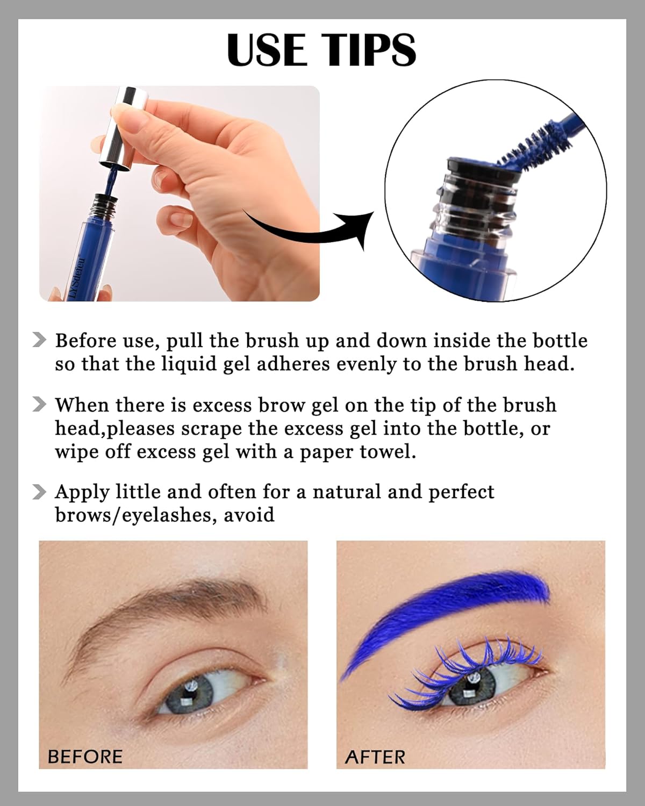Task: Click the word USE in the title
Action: click(x=266, y=49)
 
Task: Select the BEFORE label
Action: click(x=85, y=757)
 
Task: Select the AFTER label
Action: click(x=375, y=757)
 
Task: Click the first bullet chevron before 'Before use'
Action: click(x=39, y=340)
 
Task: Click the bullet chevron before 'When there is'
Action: click(x=39, y=405)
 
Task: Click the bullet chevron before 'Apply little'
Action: click(x=39, y=492)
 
